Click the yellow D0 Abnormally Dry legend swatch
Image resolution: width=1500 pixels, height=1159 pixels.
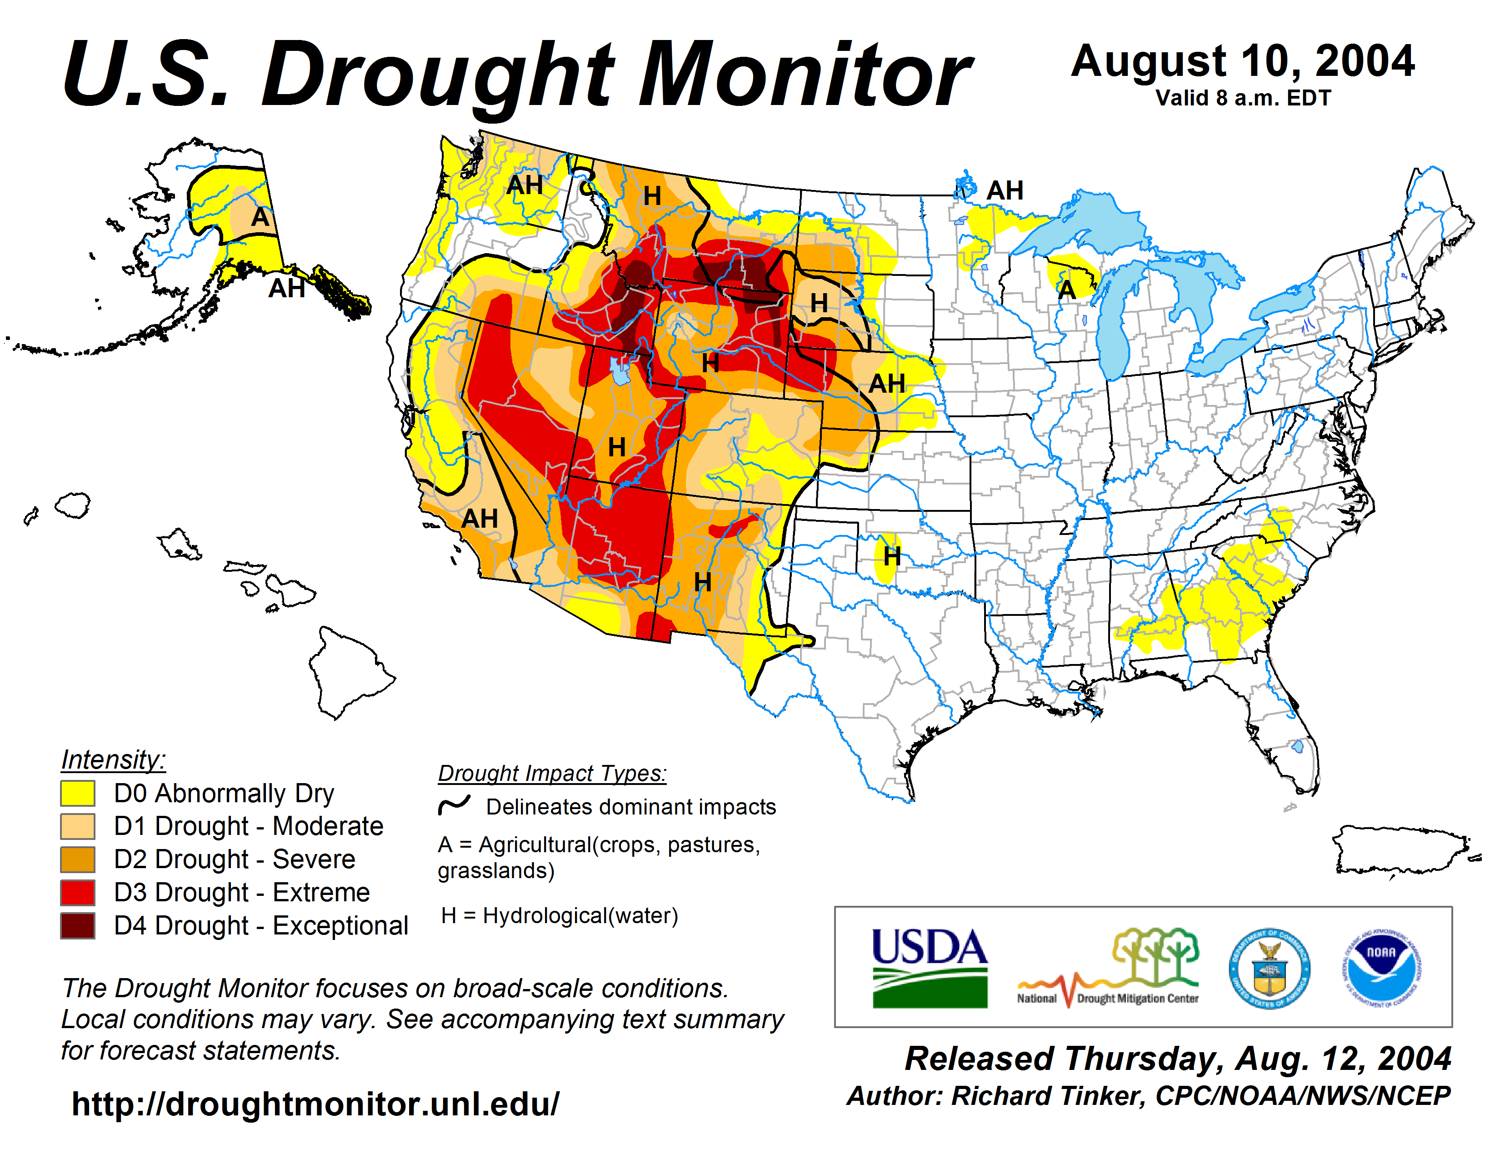pos(78,793)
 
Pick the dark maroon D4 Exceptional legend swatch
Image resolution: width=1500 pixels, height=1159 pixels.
pos(78,925)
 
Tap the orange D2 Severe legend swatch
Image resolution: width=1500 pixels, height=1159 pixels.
pos(78,859)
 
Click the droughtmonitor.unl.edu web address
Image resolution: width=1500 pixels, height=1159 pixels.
pos(315,1104)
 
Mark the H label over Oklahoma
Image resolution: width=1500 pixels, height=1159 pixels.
pos(891,556)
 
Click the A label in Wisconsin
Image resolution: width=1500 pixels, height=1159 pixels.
pos(1066,290)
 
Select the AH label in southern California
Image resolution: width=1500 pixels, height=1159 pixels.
pos(480,519)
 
